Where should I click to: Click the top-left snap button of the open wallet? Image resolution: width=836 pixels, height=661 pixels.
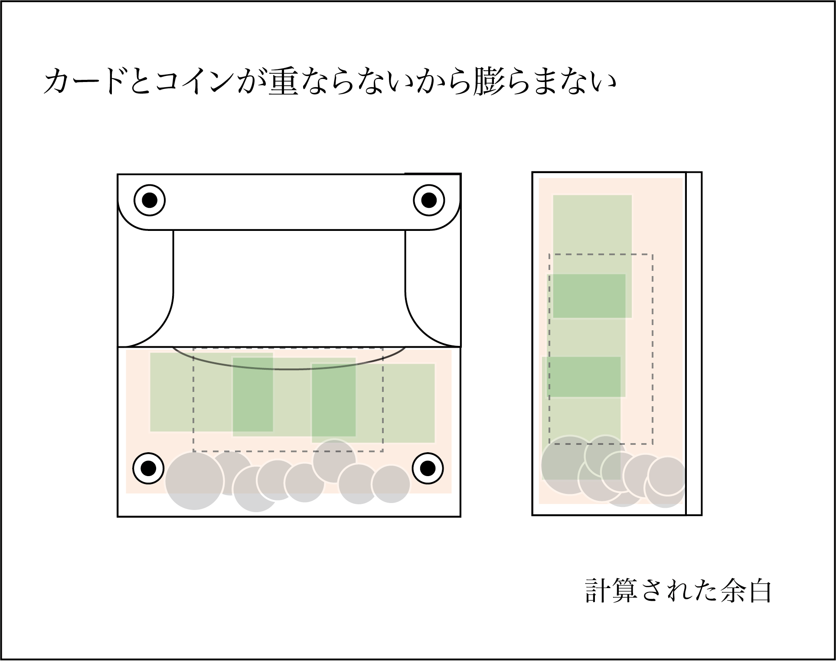[150, 200]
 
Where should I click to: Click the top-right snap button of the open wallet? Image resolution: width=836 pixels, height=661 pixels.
[429, 200]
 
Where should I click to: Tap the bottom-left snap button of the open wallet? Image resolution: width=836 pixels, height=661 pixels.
[148, 468]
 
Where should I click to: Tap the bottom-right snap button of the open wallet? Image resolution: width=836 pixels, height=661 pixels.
[428, 468]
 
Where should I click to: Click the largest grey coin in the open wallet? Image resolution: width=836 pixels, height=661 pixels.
[194, 481]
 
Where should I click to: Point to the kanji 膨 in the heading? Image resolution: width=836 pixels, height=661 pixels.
[488, 82]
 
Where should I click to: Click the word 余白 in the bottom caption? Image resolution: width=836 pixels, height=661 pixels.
[746, 590]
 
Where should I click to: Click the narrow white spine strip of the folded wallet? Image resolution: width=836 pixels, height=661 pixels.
[694, 344]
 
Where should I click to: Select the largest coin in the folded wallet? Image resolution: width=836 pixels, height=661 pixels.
[569, 465]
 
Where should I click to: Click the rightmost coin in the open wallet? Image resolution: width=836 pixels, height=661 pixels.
[391, 484]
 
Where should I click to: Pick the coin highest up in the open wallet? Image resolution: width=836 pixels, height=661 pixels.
[334, 461]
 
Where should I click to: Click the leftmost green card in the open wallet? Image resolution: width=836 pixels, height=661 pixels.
[212, 392]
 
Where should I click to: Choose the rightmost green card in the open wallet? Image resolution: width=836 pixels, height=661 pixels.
[373, 403]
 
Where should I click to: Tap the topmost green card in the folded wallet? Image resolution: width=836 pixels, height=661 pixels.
[592, 256]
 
